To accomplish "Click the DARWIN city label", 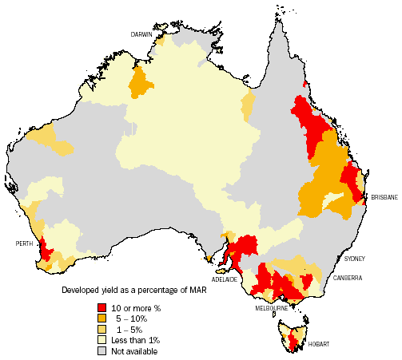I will [142, 34].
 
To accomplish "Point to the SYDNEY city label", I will [355, 259].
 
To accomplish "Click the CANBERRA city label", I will [349, 278].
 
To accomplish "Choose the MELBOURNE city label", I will [272, 307].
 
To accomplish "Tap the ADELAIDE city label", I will [225, 279].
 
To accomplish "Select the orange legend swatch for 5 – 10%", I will [103, 318].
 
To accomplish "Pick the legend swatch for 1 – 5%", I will [103, 329].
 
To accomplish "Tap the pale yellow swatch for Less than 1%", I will [103, 339].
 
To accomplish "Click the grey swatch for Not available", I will [103, 350].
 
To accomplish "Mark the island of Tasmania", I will [293, 333].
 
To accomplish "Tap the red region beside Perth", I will [46, 251].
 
